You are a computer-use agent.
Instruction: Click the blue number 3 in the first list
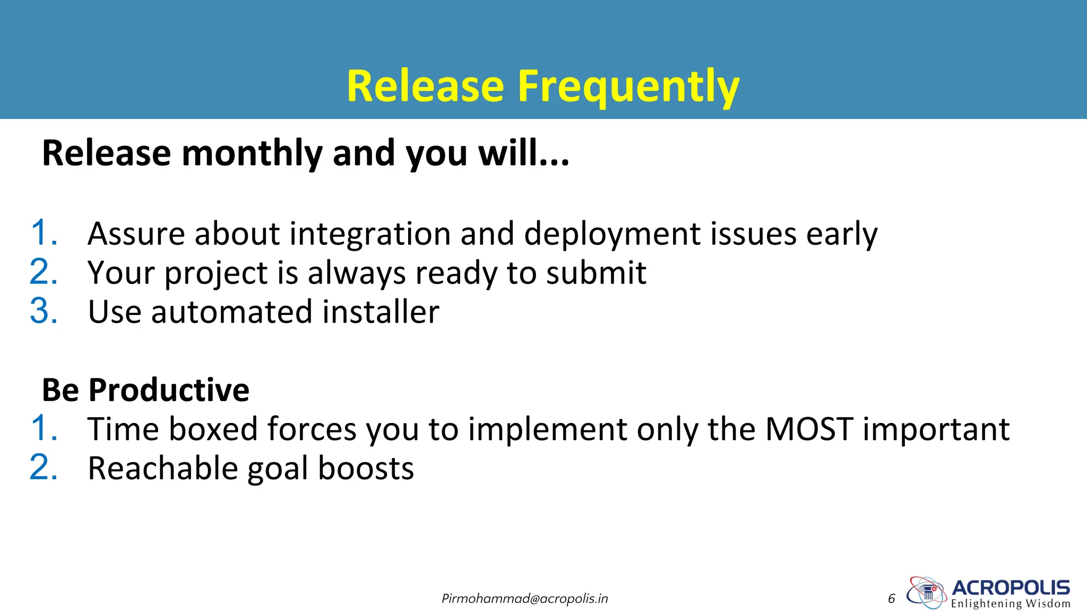point(43,311)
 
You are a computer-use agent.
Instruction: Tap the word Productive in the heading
point(169,390)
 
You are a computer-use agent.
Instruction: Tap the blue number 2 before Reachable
point(43,467)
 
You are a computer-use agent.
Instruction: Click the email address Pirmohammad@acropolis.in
point(524,599)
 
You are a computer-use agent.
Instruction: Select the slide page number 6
point(891,599)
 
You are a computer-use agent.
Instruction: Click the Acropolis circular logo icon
point(926,592)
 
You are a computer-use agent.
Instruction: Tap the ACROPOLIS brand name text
point(1011,588)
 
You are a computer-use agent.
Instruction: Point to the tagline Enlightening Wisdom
point(1011,604)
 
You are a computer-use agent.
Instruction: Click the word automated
point(231,312)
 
